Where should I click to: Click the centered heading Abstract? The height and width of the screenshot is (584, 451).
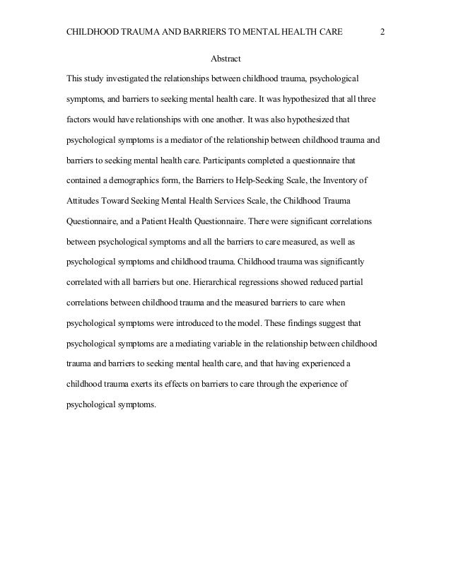pos(225,58)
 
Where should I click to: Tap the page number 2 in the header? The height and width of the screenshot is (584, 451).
pos(382,33)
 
